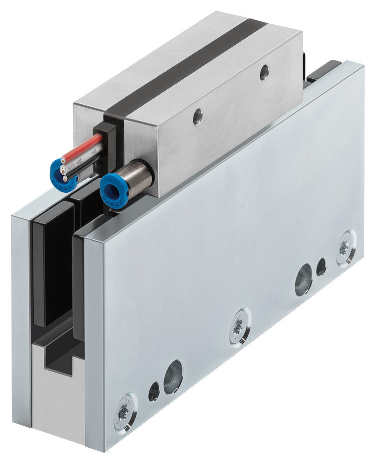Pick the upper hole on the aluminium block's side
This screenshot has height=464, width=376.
tap(264, 72)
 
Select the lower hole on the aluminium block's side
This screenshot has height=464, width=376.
tap(198, 116)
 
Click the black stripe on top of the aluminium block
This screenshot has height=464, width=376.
tap(186, 66)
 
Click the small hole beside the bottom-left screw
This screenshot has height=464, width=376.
tap(153, 391)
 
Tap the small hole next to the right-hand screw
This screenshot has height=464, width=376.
tap(321, 267)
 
